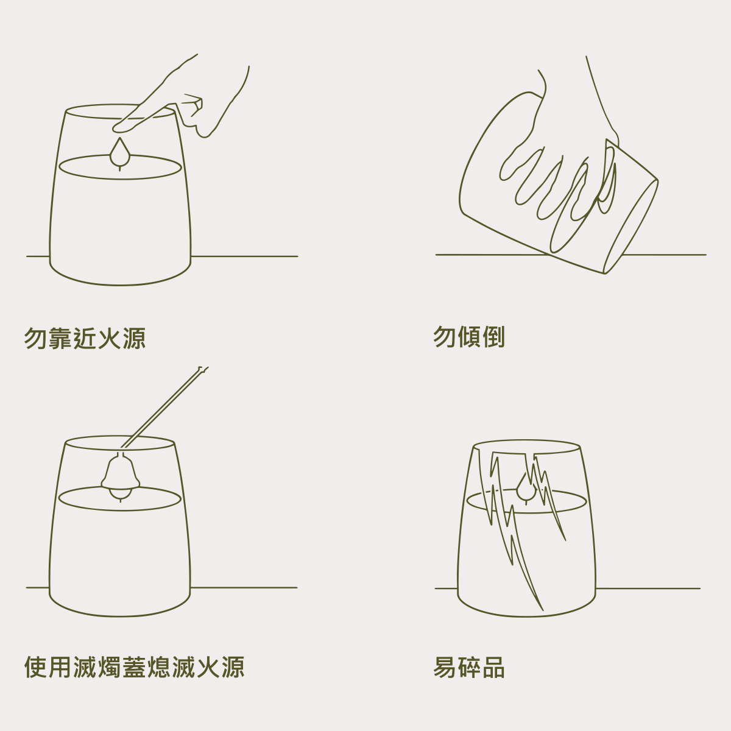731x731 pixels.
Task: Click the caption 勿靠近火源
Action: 85,338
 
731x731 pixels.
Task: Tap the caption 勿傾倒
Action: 469,336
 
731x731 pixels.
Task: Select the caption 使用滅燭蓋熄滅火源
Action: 134,667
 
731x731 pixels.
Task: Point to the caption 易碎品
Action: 469,667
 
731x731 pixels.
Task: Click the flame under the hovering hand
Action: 120,152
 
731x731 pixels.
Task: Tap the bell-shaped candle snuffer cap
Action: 120,471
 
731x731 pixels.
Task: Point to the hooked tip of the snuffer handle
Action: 203,369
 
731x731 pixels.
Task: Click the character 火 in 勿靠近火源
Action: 109,338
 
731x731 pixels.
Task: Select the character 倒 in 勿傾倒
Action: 493,336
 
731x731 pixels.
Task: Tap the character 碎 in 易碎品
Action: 469,667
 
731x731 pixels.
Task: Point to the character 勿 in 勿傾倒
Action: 445,336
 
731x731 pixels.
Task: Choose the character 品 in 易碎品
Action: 493,667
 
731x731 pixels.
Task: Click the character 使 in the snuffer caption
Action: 36,667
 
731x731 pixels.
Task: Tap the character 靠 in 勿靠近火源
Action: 60,338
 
